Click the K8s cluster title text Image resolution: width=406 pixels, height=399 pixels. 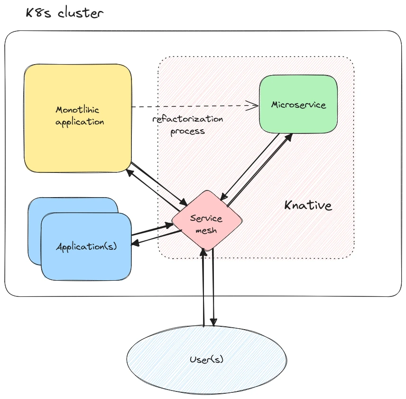pos(65,13)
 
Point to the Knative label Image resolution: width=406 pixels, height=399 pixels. pos(308,206)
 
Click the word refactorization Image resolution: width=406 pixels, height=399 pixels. pos(188,119)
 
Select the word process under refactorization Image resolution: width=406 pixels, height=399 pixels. pos(188,131)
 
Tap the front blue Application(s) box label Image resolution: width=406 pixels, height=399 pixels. pos(86,247)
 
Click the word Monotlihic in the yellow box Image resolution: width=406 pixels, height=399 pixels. pos(77,110)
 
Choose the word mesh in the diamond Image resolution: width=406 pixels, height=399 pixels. pos(206,230)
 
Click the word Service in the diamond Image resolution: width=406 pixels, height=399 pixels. pos(206,219)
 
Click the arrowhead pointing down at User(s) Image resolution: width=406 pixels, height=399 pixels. pos(214,323)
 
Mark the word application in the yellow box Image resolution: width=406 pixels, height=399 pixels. pos(80,122)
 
